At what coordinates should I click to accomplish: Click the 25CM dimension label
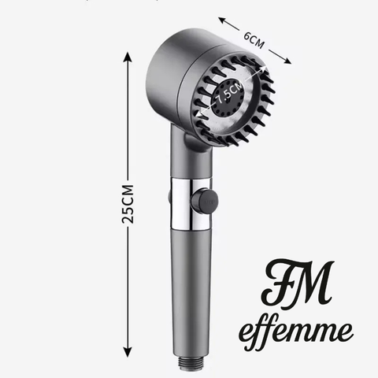point(128,204)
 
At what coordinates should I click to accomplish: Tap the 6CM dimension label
point(254,40)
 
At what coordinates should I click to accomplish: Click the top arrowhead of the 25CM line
point(128,57)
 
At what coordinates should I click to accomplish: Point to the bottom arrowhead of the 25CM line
point(128,352)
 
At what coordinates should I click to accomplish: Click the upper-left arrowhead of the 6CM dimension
point(222,20)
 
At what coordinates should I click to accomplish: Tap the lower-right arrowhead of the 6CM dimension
point(287,61)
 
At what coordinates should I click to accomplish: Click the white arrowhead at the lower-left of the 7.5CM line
point(200,115)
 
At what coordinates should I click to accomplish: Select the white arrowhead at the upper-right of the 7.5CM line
point(263,69)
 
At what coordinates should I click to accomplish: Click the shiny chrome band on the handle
point(191,204)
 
